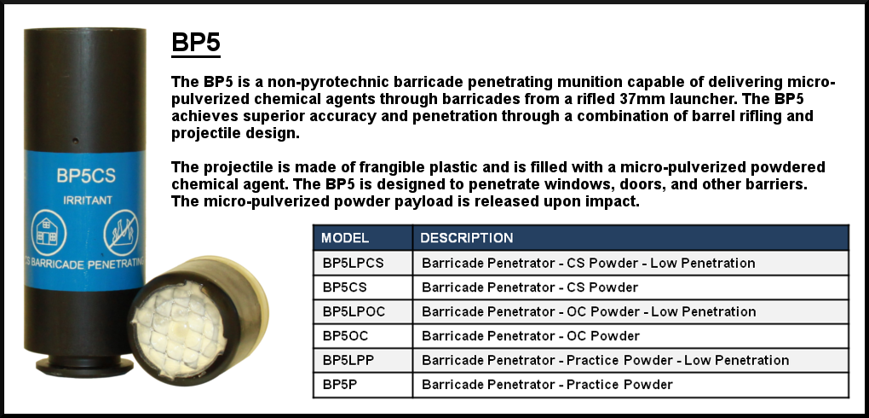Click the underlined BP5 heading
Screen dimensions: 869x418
196,43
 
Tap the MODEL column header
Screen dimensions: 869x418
345,238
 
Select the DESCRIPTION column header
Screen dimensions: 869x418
467,238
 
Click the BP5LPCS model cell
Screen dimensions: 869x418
353,263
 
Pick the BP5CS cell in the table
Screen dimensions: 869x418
344,287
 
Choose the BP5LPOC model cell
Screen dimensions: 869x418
354,312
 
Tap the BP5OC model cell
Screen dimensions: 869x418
345,336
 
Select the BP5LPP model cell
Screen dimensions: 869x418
348,360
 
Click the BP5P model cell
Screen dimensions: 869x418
339,385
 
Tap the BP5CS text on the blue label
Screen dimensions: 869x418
86,176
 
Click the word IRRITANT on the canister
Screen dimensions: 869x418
88,200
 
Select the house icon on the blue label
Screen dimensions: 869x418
49,233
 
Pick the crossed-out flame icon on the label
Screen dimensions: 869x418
121,233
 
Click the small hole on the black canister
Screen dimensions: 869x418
75,141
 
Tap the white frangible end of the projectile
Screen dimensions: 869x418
178,328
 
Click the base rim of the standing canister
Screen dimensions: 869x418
84,366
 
